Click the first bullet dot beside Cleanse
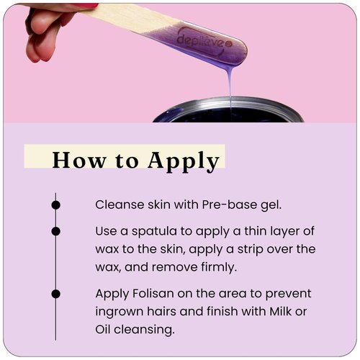coord(56,204)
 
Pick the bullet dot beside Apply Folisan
coord(56,294)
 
